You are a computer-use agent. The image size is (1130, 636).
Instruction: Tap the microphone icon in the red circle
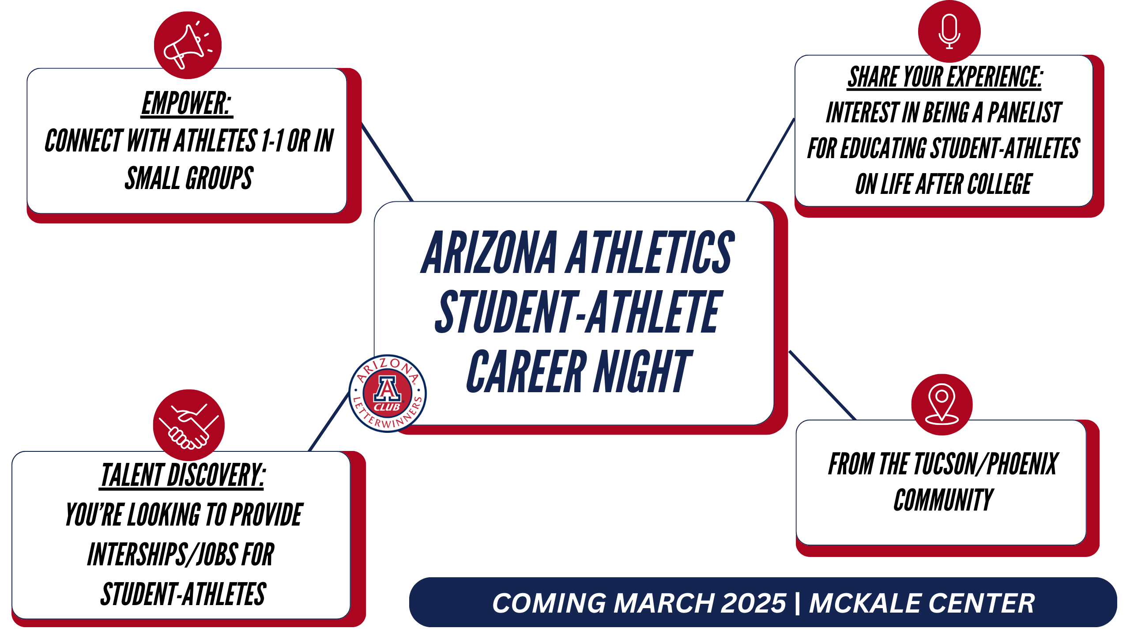pos(949,31)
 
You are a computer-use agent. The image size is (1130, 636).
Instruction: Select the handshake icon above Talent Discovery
pos(189,425)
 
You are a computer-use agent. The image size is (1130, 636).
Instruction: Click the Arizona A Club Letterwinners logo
pos(388,394)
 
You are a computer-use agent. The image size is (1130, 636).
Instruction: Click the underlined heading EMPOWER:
pos(187,103)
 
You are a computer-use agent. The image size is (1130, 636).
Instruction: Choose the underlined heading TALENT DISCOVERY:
pos(182,475)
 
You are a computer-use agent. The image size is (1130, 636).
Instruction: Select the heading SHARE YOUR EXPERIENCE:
pos(945,77)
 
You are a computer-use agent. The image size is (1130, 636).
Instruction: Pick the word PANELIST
pos(1025,112)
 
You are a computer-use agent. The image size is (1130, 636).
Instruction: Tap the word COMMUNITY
pos(944,500)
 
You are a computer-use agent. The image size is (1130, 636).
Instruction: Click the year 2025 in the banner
pos(753,603)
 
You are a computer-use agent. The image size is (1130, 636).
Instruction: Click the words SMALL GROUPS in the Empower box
pos(189,178)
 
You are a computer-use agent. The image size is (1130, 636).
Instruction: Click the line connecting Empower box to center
pos(387,162)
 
